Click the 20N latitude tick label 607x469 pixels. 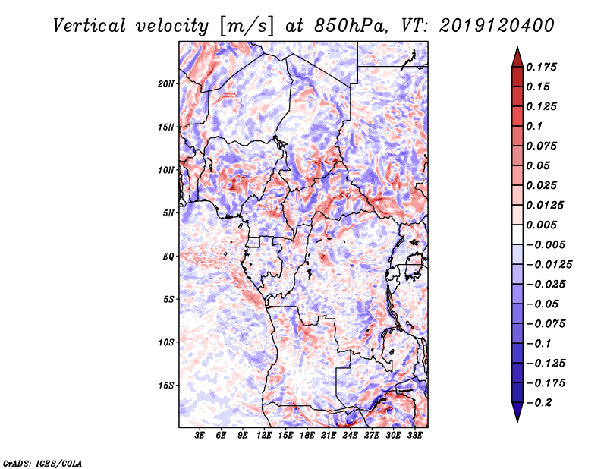click(x=166, y=83)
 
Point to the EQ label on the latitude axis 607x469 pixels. click(x=168, y=256)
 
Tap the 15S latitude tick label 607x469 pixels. click(x=166, y=385)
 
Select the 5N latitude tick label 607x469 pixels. click(x=168, y=213)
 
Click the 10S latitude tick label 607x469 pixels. click(x=166, y=342)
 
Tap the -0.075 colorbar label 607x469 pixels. click(x=549, y=323)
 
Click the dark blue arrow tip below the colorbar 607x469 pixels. click(x=517, y=416)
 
